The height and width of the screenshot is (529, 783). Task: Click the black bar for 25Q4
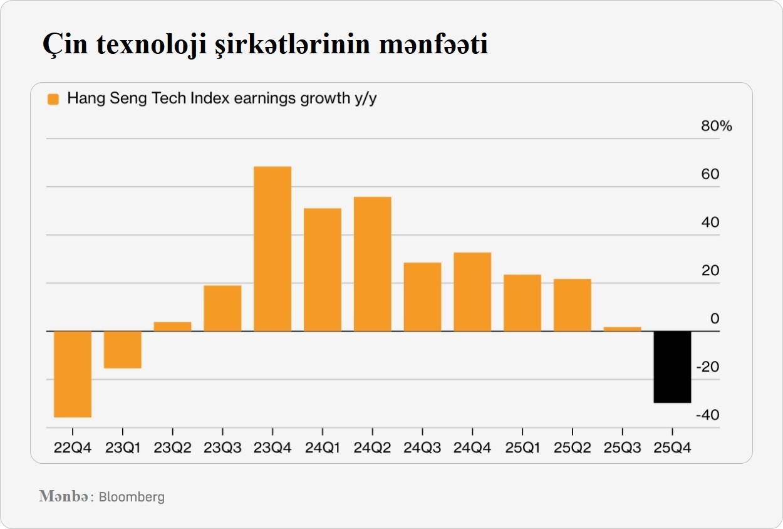[672, 367]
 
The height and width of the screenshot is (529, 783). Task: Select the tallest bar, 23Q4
[272, 249]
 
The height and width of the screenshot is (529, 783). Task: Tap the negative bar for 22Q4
[73, 374]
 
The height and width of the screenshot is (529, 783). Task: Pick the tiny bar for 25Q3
[622, 328]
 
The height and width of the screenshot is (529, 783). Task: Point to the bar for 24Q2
[372, 264]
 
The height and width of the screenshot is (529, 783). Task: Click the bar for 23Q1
[122, 349]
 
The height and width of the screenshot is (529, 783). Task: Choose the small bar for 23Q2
[172, 326]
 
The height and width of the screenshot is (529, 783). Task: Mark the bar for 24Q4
[472, 291]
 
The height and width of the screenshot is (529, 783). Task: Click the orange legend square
[53, 99]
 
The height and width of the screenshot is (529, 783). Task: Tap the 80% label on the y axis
[716, 126]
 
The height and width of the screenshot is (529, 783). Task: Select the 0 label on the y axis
[715, 319]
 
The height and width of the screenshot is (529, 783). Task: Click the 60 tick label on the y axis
[710, 174]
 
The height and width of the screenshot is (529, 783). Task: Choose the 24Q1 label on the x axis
[322, 449]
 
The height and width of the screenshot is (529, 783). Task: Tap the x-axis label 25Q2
[572, 449]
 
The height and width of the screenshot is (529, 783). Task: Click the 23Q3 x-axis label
[222, 449]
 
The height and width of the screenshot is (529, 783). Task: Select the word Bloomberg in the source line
[132, 497]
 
